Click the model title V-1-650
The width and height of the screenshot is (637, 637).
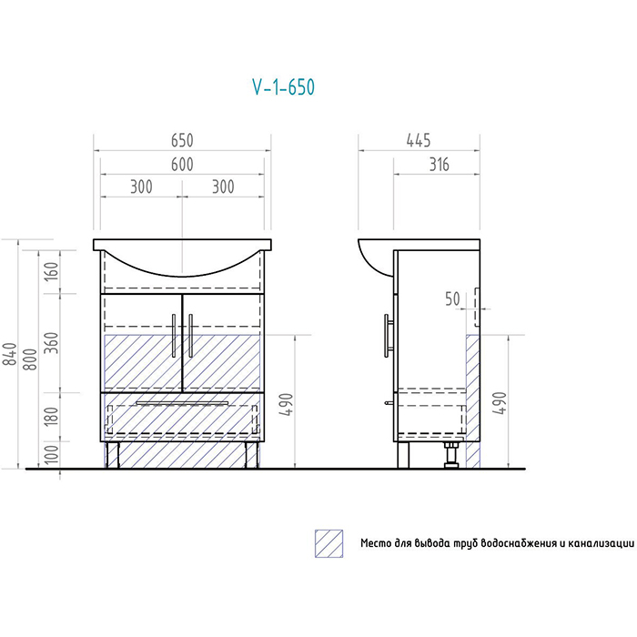coord(284,87)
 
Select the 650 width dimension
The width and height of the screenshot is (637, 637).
coord(182,140)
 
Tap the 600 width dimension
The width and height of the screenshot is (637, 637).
coord(182,165)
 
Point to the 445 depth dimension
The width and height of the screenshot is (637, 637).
coord(419,140)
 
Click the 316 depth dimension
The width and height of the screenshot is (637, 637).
coord(440,165)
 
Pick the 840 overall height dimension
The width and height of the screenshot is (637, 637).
coord(9,354)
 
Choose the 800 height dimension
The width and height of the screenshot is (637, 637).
coord(30,359)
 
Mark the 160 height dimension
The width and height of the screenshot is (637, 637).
coord(52,272)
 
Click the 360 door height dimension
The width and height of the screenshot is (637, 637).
coord(52,342)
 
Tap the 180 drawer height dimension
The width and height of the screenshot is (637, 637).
coord(52,416)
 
